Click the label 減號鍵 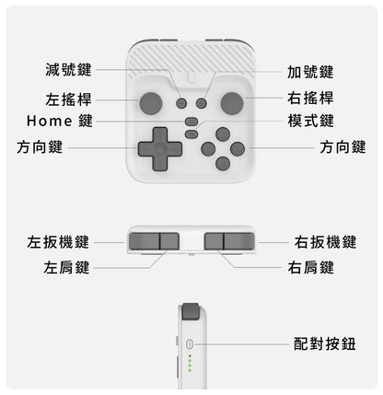coord(68,70)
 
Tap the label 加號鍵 coord(310,72)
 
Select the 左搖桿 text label coord(68,99)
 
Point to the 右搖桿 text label coord(310,98)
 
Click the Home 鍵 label coord(60,122)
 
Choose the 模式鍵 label coord(310,122)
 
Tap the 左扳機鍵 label coord(58,243)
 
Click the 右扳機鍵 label coord(325,243)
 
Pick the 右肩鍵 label coord(310,268)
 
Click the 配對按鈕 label coord(325,343)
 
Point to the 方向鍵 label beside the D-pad coord(40,147)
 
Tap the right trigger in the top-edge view coord(238,241)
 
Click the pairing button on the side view coord(189,343)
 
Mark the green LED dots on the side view coord(189,362)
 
